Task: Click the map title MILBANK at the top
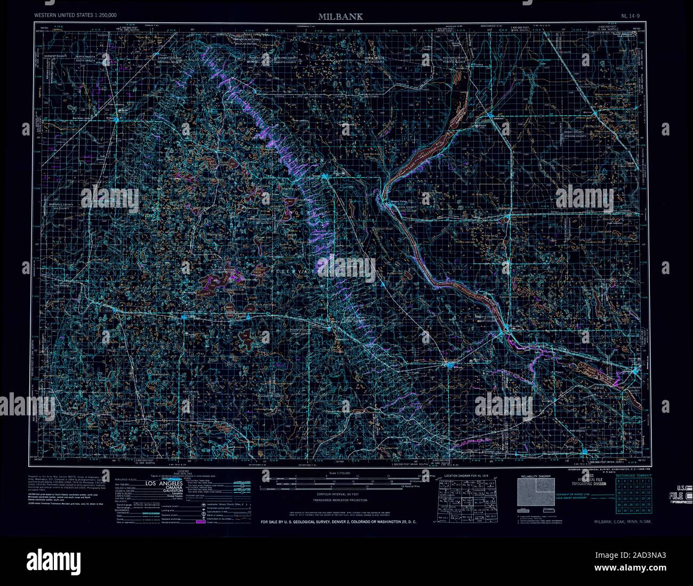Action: click(x=341, y=17)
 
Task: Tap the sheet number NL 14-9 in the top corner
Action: click(x=632, y=17)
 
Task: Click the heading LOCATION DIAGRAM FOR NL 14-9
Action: click(x=465, y=475)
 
